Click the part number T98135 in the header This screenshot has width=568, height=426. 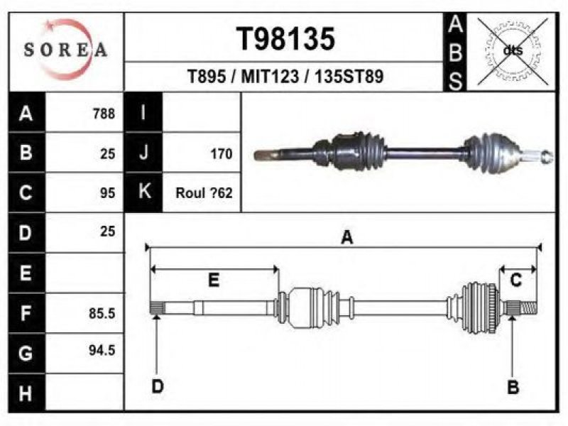point(285,39)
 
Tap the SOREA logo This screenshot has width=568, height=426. point(65,50)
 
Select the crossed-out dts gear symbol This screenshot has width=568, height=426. point(513,51)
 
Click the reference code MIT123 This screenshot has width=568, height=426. point(270,77)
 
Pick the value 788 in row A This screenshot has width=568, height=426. point(104,114)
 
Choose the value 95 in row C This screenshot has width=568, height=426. point(108,193)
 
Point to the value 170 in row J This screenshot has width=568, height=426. point(222,154)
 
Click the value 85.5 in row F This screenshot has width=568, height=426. point(102,313)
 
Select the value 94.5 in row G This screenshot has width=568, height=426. point(102,350)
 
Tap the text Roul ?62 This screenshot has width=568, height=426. point(204,193)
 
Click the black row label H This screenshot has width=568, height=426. point(26,393)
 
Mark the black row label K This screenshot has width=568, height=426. point(144,192)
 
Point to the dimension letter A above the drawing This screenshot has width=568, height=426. point(347,237)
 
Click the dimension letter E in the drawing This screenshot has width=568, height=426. point(214,280)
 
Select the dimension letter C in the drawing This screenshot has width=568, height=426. point(515,280)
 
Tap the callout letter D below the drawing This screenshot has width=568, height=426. point(158,386)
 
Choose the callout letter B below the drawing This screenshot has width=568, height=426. point(513,387)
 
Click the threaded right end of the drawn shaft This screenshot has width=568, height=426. point(528,308)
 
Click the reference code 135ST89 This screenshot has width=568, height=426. point(349,77)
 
